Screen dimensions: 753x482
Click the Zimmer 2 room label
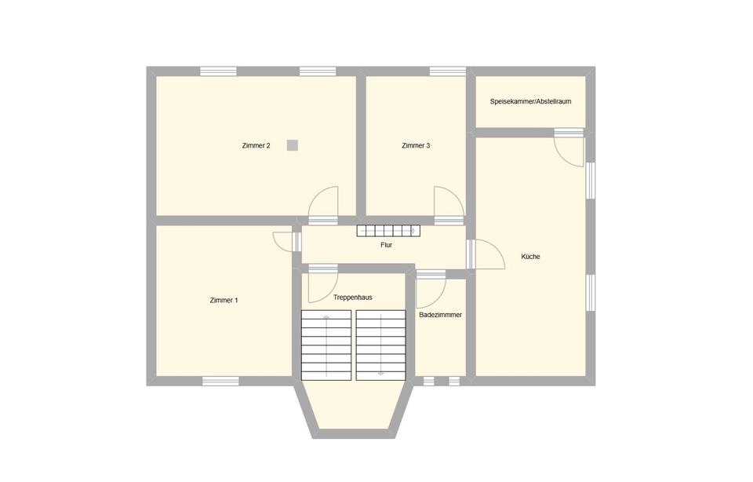[x=256, y=145]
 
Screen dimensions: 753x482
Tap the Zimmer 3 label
[x=416, y=145]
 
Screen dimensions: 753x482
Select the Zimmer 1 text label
[x=224, y=301]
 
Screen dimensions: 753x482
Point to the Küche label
[x=531, y=257]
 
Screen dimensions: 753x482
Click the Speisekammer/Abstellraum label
[x=531, y=101]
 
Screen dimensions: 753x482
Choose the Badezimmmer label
[x=440, y=315]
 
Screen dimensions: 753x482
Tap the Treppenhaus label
[x=352, y=298]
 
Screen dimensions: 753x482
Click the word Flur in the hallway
[x=387, y=245]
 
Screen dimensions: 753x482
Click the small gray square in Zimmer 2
[x=292, y=145]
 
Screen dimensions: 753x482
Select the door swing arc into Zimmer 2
[x=317, y=195]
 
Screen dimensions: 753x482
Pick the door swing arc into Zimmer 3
[x=456, y=195]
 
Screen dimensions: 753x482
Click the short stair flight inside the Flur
[x=388, y=231]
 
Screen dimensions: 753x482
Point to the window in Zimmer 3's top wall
[x=448, y=71]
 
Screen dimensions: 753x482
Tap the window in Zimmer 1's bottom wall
[x=220, y=381]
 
